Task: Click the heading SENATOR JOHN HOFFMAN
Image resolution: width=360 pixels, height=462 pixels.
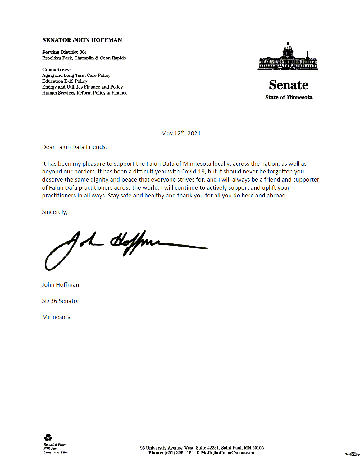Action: (x=82, y=40)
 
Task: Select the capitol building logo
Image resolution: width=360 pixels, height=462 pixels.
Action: (x=288, y=57)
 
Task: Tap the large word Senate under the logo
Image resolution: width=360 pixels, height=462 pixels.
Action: (x=289, y=85)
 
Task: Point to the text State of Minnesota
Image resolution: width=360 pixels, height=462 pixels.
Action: (x=289, y=97)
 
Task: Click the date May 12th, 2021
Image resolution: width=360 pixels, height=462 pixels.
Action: (x=181, y=133)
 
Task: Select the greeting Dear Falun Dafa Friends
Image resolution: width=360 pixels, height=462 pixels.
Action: (x=74, y=147)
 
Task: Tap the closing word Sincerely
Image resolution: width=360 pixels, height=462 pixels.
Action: (x=55, y=212)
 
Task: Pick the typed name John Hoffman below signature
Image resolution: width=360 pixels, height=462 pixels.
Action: (x=61, y=285)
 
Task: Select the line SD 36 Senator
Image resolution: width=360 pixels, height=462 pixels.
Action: (x=61, y=301)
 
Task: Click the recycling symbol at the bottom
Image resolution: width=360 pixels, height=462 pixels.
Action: (x=48, y=438)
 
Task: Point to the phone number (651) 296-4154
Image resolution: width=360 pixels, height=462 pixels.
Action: (x=179, y=453)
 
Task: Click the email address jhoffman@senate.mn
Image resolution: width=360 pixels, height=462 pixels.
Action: (x=234, y=453)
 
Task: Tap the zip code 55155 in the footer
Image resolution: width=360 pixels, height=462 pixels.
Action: (x=258, y=448)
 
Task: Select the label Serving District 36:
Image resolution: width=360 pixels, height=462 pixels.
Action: (x=64, y=52)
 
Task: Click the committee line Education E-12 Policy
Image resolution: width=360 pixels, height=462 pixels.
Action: (x=65, y=81)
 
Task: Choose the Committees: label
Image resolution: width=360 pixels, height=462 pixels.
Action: (x=56, y=70)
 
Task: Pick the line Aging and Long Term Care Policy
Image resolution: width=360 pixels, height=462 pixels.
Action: (x=76, y=75)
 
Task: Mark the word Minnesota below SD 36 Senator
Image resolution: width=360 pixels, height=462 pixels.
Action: (x=56, y=317)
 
